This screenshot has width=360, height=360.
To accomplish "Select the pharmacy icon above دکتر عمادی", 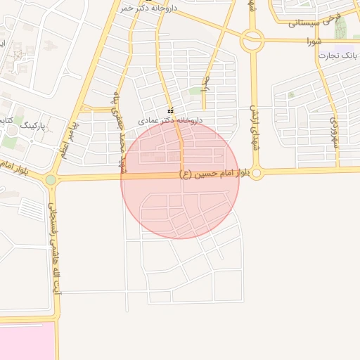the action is point(171,110).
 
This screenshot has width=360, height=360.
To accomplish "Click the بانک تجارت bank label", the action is point(339,54).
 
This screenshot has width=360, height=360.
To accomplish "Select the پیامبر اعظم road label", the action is point(70,139).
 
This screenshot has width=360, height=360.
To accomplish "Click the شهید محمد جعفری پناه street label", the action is point(117,134).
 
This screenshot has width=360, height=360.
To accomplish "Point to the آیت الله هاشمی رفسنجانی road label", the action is point(54,253).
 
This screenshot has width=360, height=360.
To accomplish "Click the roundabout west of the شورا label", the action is point(251,41).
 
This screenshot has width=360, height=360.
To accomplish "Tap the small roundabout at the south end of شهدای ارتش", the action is point(257,173).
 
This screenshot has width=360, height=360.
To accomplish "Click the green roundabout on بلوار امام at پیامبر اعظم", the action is point(51,179).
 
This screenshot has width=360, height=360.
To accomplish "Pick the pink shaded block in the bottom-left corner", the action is point(27,342).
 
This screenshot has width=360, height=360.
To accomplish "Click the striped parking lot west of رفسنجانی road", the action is point(32,209).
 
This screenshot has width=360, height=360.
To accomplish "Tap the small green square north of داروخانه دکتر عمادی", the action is point(195,90).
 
